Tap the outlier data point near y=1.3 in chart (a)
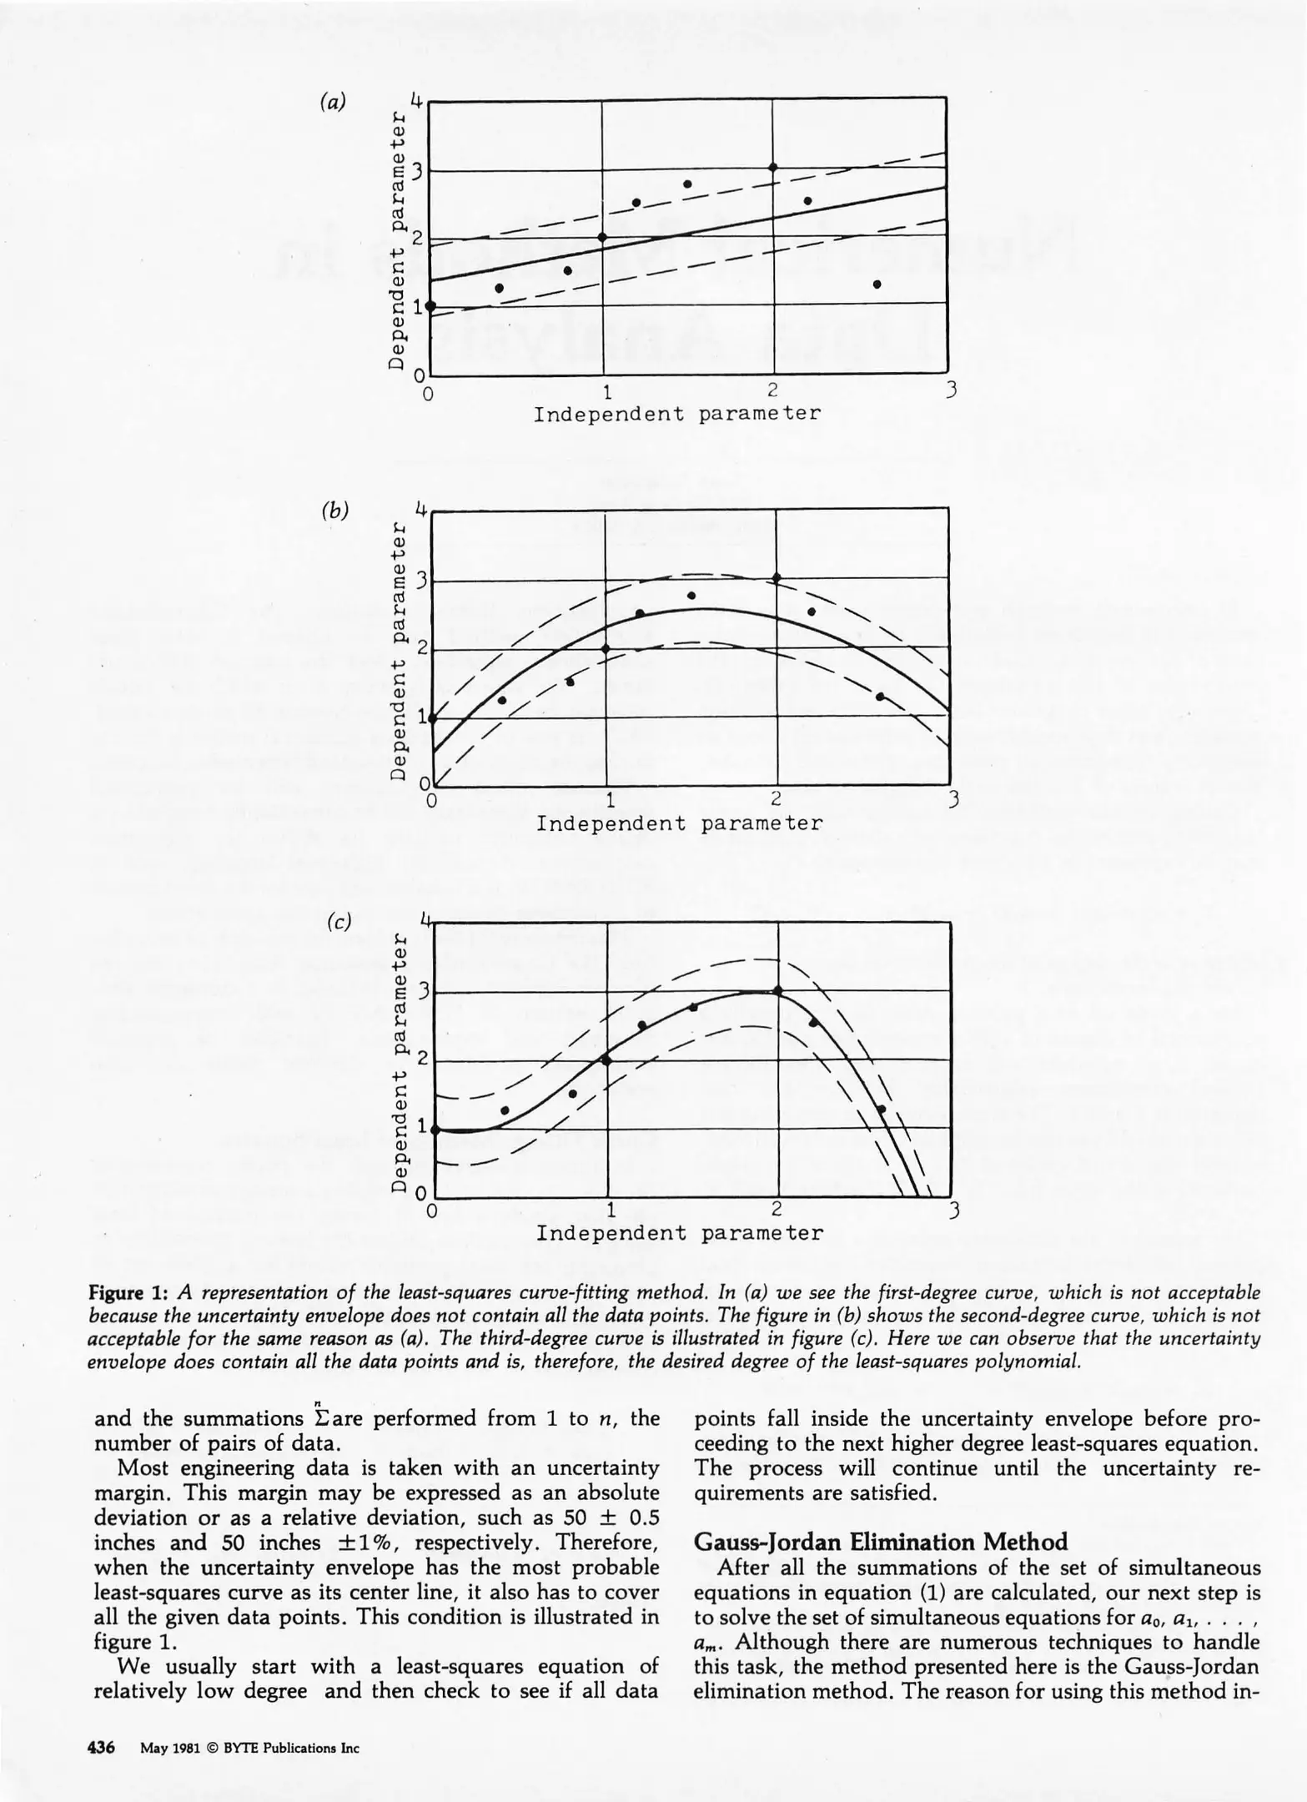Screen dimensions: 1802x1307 [877, 284]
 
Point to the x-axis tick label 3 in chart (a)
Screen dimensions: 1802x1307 [950, 390]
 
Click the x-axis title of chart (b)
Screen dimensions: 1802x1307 [679, 824]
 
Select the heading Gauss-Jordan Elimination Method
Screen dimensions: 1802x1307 [881, 1542]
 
